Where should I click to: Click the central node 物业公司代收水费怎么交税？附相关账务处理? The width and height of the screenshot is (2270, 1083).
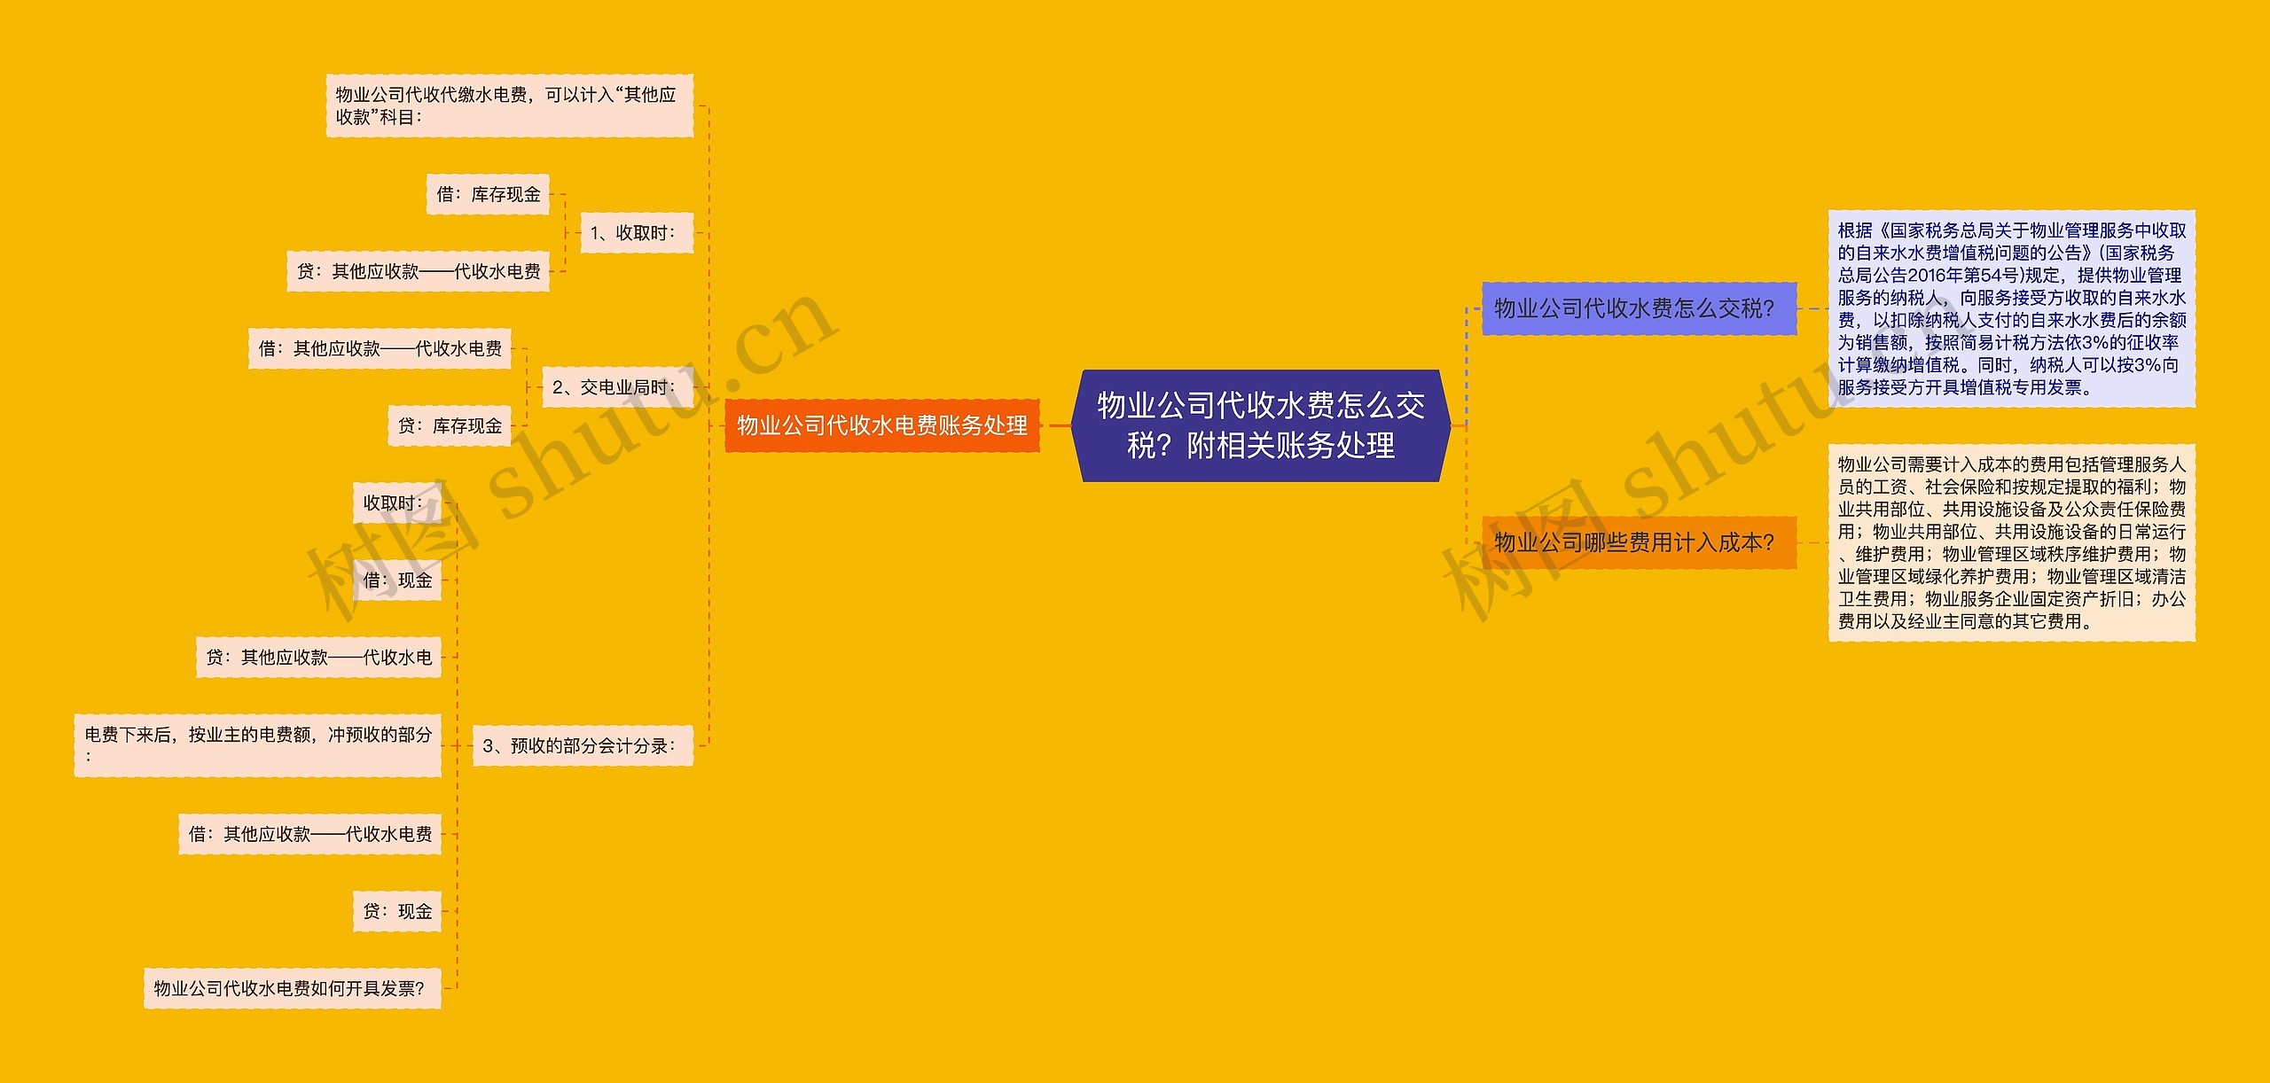point(1260,425)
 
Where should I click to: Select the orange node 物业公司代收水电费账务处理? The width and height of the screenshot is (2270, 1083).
point(881,425)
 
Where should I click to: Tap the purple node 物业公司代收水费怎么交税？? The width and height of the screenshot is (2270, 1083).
point(1639,308)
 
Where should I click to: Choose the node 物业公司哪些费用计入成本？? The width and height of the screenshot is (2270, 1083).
point(1639,542)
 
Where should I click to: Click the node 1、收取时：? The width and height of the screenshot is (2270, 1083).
point(635,233)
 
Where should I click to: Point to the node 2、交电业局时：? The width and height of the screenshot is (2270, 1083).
point(616,387)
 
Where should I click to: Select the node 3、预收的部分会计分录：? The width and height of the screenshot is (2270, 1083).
point(582,746)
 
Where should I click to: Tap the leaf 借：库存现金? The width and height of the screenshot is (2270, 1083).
point(488,194)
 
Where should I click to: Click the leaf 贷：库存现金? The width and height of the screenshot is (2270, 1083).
point(450,426)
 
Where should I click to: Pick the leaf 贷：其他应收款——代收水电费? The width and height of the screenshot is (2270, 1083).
point(418,271)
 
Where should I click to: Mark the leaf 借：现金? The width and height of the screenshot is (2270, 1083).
point(397,580)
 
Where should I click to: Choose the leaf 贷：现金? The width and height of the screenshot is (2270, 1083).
point(397,911)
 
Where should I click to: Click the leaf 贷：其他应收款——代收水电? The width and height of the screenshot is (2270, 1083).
point(318,658)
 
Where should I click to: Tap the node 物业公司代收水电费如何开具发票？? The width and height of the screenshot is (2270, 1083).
point(292,988)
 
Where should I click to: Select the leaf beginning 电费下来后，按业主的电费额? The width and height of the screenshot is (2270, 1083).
point(257,745)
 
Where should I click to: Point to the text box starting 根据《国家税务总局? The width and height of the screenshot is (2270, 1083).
point(2011,308)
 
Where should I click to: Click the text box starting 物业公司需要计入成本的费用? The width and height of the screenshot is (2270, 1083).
point(2011,542)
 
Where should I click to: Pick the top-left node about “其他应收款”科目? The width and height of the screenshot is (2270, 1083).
point(509,105)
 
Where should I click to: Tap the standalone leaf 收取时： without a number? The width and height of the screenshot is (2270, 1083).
point(397,503)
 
